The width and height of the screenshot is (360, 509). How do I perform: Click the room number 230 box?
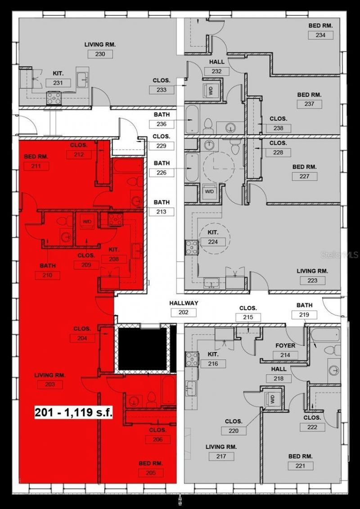tap(100, 54)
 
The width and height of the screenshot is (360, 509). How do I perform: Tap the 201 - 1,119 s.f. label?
tap(74, 412)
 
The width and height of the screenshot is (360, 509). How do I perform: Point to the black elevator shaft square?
tap(143, 348)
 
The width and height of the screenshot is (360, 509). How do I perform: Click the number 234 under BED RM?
tap(321, 35)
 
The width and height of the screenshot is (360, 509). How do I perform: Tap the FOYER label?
tap(285, 345)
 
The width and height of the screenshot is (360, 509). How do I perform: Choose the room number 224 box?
tap(213, 242)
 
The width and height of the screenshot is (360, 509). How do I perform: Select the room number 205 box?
tap(151, 473)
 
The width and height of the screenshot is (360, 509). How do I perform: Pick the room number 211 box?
tap(36, 166)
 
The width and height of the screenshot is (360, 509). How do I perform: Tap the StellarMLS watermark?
tap(339, 254)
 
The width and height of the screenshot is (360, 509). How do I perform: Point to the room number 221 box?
tap(301, 466)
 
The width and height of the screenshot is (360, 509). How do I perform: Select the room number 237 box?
tap(309, 104)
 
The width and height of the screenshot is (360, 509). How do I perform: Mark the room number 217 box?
tap(221, 456)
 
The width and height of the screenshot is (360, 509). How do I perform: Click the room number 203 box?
tap(50, 384)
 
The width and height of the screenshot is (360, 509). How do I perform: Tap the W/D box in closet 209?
tap(85, 222)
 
